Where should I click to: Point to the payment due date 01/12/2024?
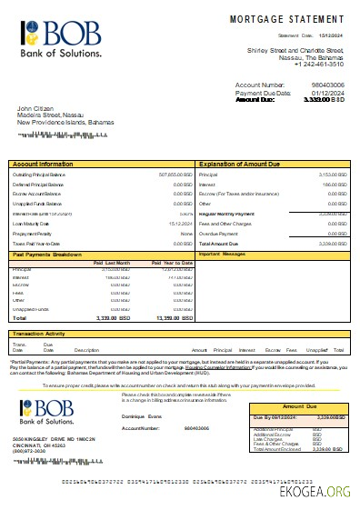(x=328, y=93)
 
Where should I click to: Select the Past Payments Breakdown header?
(x=48, y=255)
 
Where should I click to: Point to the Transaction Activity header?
(x=42, y=334)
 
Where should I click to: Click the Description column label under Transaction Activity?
(x=86, y=350)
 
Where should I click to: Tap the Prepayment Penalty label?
(x=32, y=233)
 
